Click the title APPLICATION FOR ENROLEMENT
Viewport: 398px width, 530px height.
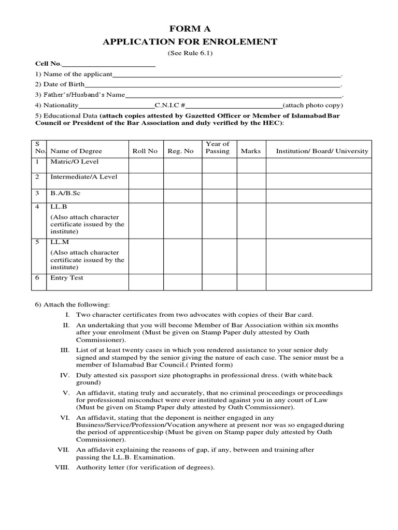click(190, 42)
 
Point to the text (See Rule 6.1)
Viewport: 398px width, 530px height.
click(190, 53)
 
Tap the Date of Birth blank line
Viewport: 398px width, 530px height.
click(212, 84)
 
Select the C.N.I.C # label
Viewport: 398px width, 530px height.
click(170, 105)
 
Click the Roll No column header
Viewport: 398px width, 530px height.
click(145, 151)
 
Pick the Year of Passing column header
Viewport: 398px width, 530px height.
click(218, 148)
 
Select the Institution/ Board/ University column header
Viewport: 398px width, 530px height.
click(322, 151)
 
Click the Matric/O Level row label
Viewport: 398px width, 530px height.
click(74, 161)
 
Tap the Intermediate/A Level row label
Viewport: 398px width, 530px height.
click(83, 176)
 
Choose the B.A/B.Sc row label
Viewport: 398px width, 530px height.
click(65, 193)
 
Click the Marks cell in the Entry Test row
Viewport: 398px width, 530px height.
click(251, 282)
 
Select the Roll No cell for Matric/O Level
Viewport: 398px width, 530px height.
click(146, 165)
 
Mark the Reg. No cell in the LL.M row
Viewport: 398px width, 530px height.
click(183, 256)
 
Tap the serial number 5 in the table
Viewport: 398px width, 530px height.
click(37, 242)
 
